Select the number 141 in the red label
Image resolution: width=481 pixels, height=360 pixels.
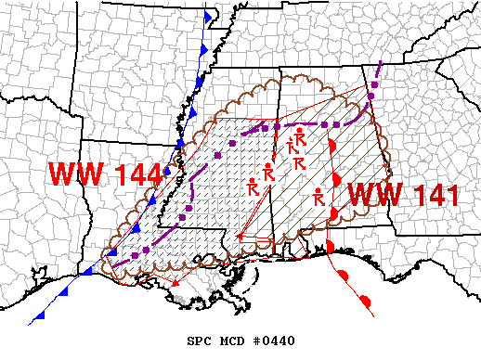tap(434, 195)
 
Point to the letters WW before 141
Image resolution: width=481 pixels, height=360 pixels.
tap(376, 195)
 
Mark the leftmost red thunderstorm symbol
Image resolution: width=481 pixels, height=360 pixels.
tap(252, 187)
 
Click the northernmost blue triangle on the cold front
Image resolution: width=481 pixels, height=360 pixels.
tap(206, 18)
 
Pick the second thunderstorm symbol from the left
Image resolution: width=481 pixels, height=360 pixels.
tap(267, 173)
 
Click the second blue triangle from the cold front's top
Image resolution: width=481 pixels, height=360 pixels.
tap(203, 45)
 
